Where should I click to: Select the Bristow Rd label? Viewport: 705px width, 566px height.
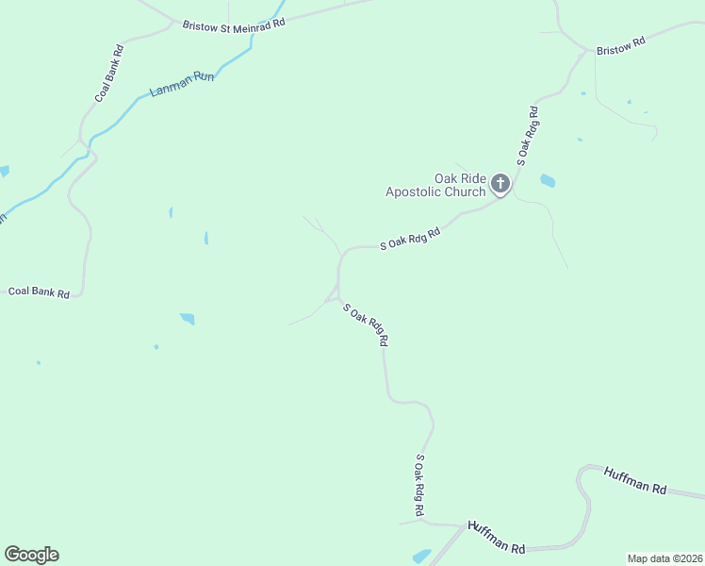(x=620, y=42)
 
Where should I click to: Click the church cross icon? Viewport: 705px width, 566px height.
(x=500, y=184)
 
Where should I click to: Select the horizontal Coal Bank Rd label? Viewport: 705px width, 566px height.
(x=39, y=292)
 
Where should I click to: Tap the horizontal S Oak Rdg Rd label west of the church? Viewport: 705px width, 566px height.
(x=411, y=240)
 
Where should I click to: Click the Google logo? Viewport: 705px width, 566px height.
(x=31, y=555)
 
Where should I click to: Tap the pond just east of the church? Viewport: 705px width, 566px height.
(x=548, y=180)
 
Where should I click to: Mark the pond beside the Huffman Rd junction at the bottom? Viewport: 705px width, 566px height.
(x=421, y=557)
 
